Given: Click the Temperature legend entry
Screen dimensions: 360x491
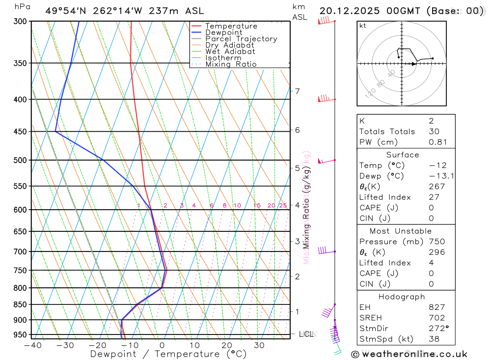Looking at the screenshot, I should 231,26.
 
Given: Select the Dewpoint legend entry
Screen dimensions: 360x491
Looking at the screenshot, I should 223,32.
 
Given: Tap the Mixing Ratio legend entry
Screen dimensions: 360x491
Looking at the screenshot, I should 231,64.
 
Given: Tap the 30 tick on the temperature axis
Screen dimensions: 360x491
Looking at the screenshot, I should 259,345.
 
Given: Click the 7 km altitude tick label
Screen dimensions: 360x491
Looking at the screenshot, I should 297,91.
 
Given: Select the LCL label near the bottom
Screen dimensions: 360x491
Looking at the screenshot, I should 306,334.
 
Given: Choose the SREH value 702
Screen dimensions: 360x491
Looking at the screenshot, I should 436,318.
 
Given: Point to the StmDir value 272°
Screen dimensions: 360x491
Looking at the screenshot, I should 438,329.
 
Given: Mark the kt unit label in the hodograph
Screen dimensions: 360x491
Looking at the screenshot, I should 362,26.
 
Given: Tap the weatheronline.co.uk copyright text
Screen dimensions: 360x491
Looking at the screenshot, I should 409,354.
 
